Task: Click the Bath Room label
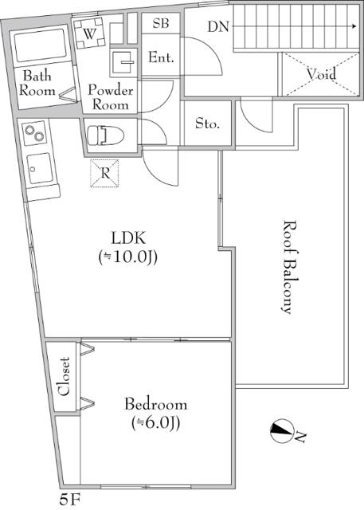tap(38, 84)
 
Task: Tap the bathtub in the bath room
tap(42, 45)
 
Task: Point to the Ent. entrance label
tap(161, 58)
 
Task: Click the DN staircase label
tap(218, 26)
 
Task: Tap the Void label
tap(321, 75)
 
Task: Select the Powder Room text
tap(110, 97)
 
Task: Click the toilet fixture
tap(104, 135)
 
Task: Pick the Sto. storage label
tap(208, 125)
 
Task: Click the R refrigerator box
tap(104, 172)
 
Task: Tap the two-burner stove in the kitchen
tap(35, 132)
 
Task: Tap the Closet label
tap(65, 376)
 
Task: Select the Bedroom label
tap(155, 404)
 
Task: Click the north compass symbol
tap(281, 431)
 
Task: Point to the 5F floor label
tap(70, 500)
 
